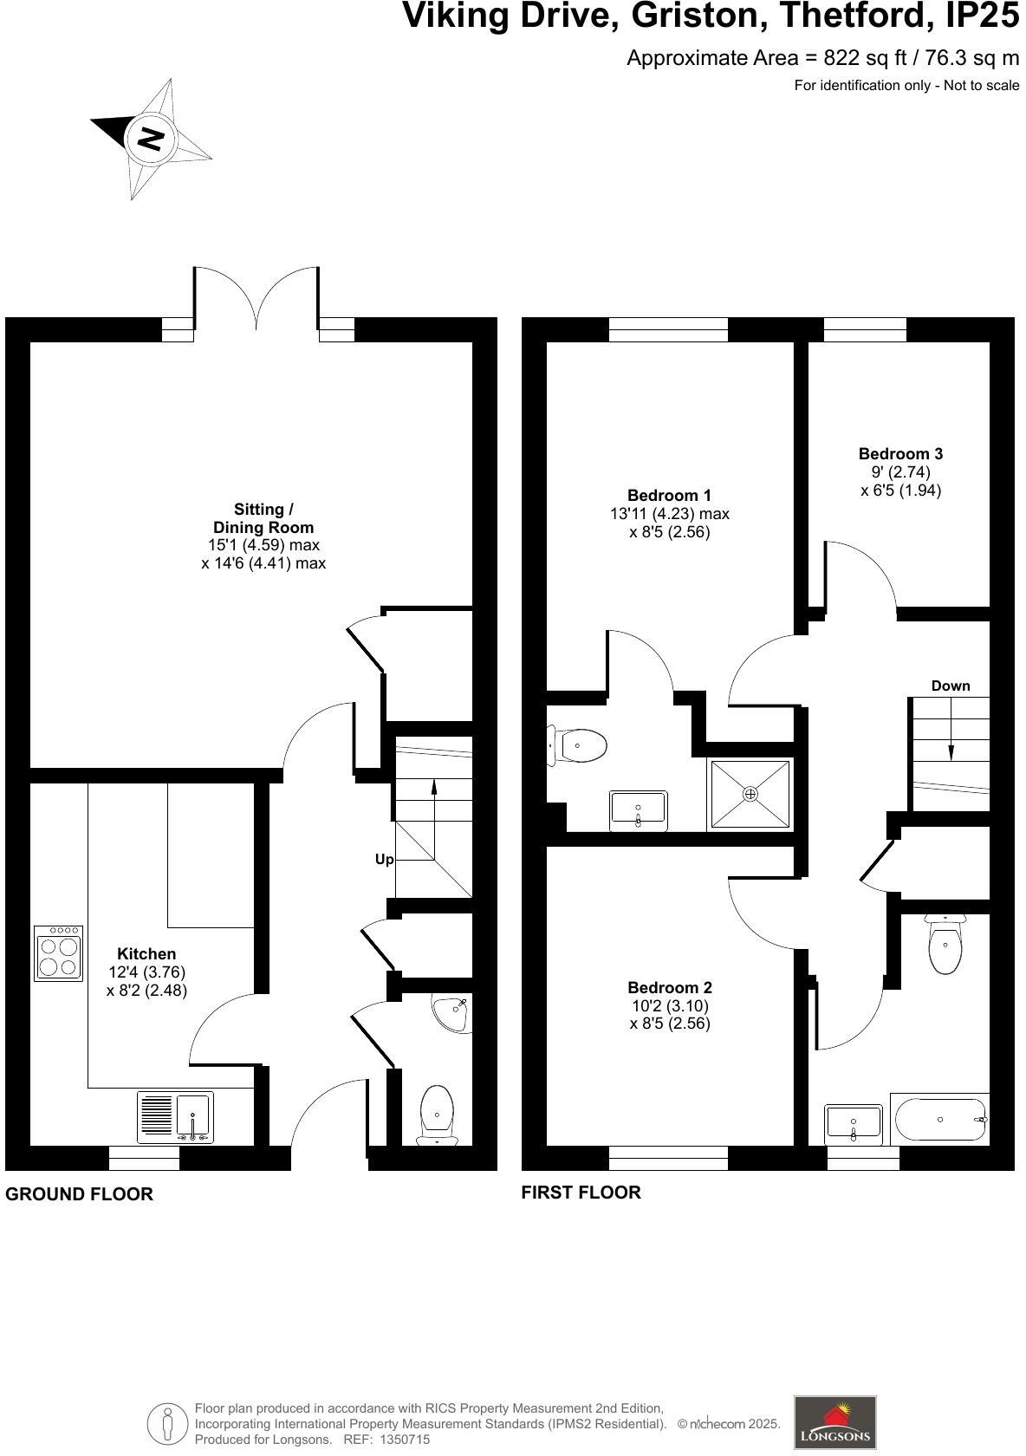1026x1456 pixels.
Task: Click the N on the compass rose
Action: click(x=151, y=139)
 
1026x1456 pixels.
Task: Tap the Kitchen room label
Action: click(x=146, y=953)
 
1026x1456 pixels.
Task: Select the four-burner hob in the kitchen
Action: click(x=58, y=953)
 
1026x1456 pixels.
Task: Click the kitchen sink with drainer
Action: click(x=175, y=1116)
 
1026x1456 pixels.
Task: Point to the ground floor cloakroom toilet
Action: click(x=437, y=1115)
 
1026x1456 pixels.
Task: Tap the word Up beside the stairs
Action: click(x=384, y=860)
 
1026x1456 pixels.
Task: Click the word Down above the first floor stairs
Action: click(x=950, y=686)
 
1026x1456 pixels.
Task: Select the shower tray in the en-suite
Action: click(x=750, y=794)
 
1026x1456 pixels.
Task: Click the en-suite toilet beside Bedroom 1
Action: click(x=578, y=745)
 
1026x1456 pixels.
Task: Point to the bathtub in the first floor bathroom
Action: click(x=939, y=1120)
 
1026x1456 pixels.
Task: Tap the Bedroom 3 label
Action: click(x=900, y=454)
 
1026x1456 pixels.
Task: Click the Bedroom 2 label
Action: click(x=669, y=987)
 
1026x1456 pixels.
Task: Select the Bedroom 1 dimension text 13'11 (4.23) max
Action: click(x=669, y=513)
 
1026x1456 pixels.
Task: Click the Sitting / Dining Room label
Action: click(x=263, y=518)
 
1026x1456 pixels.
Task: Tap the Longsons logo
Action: click(x=835, y=1422)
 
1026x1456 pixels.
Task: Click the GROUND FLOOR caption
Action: click(x=79, y=1194)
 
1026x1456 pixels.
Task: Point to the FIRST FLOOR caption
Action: click(x=581, y=1193)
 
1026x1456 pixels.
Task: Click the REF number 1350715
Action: click(x=404, y=1440)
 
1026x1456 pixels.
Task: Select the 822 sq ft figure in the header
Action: click(x=865, y=59)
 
